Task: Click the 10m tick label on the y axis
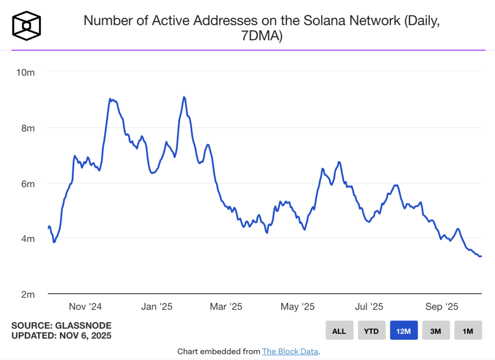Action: (26, 72)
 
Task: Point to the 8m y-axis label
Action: (28, 128)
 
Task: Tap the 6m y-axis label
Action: (28, 184)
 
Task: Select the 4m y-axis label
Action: (28, 238)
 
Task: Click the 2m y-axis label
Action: (28, 294)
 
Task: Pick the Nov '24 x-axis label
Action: (85, 307)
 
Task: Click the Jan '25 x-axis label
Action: (156, 307)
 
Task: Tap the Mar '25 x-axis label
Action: (226, 307)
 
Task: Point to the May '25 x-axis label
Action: (297, 307)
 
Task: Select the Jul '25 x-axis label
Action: (369, 307)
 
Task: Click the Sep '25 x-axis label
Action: (441, 307)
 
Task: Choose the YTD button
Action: (371, 331)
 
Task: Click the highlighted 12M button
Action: (404, 331)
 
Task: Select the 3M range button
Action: (436, 331)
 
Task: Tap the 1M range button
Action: (468, 331)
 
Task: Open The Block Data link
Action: (291, 351)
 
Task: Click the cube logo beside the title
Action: (27, 25)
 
